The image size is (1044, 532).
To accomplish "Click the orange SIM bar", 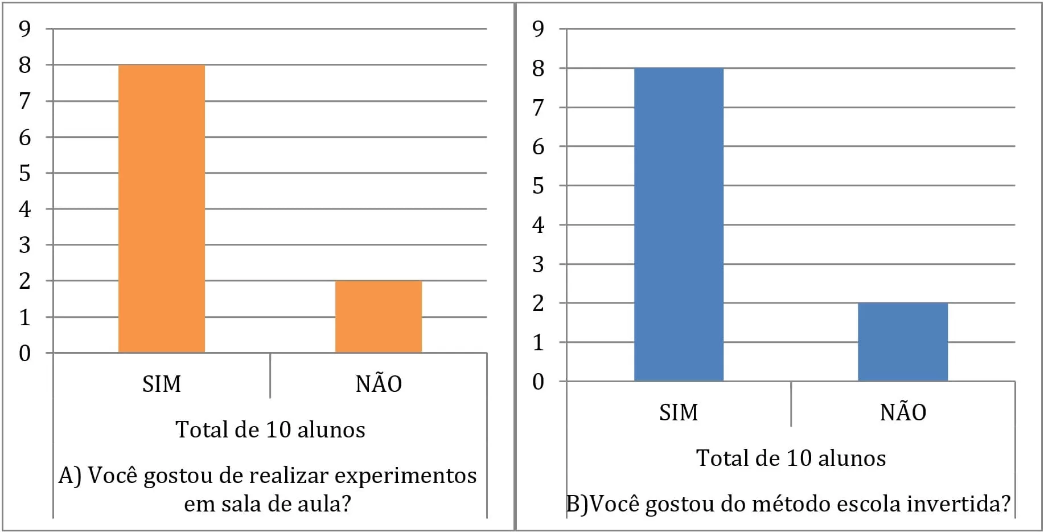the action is (162, 208).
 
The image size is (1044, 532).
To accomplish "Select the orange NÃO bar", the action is (379, 317).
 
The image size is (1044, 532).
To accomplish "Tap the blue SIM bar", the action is (679, 224).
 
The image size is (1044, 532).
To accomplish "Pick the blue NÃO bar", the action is (903, 342).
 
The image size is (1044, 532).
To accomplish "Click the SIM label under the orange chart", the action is (162, 384).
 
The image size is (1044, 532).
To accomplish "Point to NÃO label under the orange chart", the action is (379, 382).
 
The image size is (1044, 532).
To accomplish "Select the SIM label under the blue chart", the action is (679, 412).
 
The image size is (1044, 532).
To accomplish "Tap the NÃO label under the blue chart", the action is (903, 411).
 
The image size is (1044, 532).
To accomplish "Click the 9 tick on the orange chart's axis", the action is (24, 28).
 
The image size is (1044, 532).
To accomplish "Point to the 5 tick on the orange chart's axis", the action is (24, 173).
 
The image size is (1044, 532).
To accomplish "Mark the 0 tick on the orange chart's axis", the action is (24, 353).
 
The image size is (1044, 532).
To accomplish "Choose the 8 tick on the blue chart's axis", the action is (538, 68).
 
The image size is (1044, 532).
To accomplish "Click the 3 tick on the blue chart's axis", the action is (538, 264).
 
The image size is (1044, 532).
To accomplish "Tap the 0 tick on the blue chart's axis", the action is (538, 382).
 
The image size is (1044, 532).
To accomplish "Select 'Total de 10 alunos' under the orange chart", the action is (270, 429).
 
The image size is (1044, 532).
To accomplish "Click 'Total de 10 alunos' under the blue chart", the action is (791, 458).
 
